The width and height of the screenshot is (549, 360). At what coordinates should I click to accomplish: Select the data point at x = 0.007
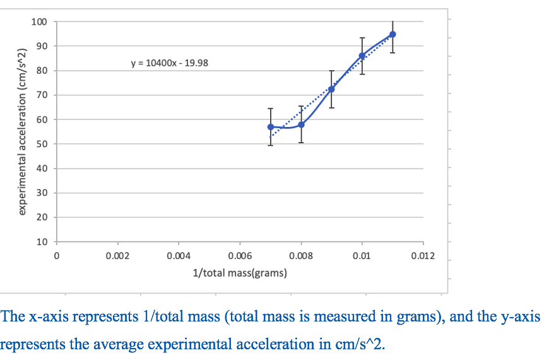(x=271, y=127)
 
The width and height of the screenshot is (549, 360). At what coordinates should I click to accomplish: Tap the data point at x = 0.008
(x=301, y=124)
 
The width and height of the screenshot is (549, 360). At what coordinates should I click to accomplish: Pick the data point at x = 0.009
(x=331, y=89)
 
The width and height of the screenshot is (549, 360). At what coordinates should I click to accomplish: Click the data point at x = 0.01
(x=362, y=56)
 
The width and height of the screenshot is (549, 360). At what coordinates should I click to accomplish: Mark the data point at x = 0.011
(x=393, y=34)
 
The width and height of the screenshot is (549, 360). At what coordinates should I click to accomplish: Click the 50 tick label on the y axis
(x=41, y=144)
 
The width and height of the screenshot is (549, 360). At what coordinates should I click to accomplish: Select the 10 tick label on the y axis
(x=41, y=242)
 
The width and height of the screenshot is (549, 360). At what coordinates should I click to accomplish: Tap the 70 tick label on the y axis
(x=41, y=95)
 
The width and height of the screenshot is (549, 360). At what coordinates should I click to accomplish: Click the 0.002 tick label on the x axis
(x=117, y=256)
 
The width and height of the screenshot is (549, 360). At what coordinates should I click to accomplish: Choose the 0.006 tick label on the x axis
(x=239, y=256)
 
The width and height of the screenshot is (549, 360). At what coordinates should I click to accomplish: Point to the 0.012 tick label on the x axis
(x=422, y=256)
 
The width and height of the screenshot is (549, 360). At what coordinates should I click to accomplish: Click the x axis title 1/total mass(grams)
(x=240, y=273)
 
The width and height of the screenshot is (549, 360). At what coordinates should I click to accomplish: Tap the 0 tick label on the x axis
(x=57, y=256)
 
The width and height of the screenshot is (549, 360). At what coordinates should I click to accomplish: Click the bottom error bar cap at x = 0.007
(x=271, y=145)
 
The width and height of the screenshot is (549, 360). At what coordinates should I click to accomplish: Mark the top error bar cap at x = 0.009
(x=331, y=71)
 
